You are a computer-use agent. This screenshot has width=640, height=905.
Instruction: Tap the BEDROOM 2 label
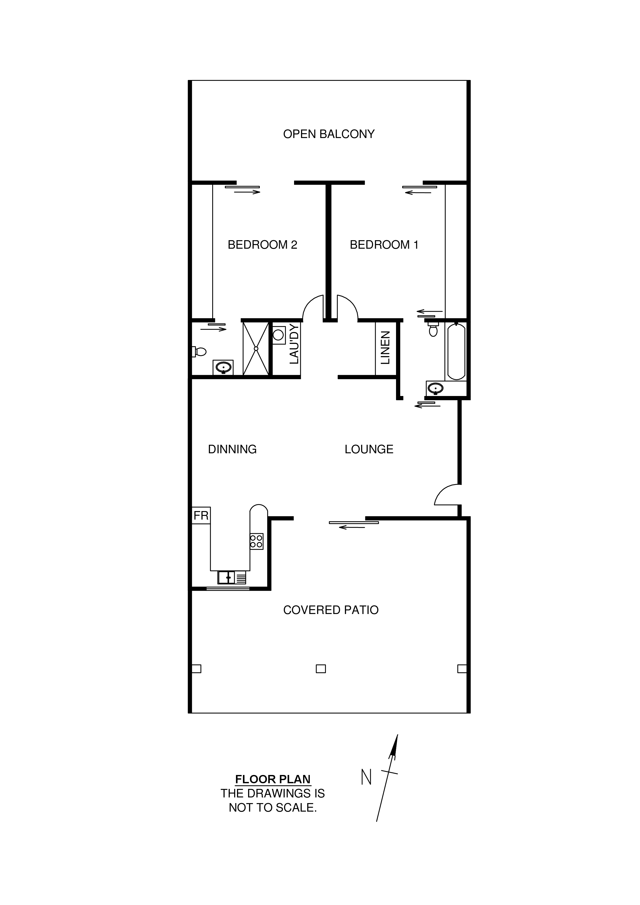[x=262, y=245]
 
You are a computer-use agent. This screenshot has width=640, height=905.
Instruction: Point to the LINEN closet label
[x=385, y=348]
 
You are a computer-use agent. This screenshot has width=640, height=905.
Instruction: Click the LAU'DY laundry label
[x=294, y=344]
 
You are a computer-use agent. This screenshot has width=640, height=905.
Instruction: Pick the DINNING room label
[x=232, y=449]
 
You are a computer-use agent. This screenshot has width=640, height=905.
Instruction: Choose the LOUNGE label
[x=369, y=449]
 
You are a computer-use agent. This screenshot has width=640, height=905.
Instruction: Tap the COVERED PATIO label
[x=331, y=610]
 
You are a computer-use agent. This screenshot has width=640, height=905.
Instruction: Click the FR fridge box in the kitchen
[x=201, y=515]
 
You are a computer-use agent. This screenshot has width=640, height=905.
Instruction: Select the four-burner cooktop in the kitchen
[x=256, y=541]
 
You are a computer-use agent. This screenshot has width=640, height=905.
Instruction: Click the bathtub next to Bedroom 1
[x=456, y=352]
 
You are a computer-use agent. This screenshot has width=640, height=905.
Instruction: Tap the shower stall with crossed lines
[x=256, y=349]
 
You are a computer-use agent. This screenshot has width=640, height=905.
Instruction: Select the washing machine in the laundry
[x=279, y=335]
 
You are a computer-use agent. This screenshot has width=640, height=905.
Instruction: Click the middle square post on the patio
[x=321, y=669]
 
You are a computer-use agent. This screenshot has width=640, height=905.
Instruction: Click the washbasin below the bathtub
[x=436, y=388]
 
